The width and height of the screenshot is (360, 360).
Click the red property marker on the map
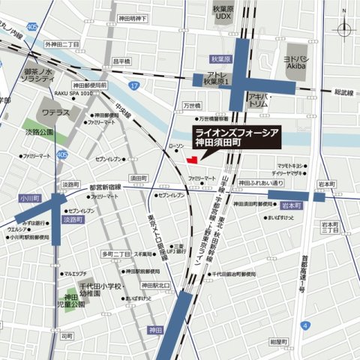[x=192, y=158]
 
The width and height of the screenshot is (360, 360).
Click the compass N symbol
[x=343, y=29]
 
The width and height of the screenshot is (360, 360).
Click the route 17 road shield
[x=133, y=88]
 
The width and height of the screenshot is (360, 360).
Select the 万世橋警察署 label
[x=217, y=118]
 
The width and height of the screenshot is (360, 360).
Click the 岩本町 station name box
[x=289, y=204]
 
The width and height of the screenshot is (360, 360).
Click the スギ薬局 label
[x=145, y=254]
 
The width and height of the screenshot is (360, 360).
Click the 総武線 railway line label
[x=343, y=92]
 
